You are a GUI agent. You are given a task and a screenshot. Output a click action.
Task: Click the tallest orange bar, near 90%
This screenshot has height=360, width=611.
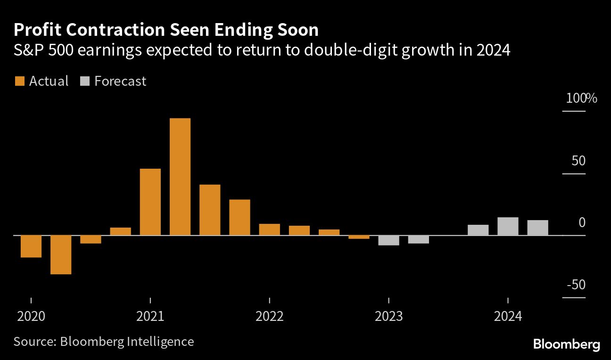click(x=180, y=176)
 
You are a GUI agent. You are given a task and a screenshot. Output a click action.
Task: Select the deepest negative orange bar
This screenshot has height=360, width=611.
click(x=61, y=254)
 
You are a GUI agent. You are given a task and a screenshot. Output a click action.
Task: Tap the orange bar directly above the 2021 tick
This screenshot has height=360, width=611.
click(x=150, y=202)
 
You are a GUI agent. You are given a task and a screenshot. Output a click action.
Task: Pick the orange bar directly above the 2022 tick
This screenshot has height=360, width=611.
click(x=270, y=229)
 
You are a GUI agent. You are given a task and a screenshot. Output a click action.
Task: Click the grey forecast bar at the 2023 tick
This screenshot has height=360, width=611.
click(x=389, y=240)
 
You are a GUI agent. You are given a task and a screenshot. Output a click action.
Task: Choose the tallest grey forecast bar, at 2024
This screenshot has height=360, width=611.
click(x=508, y=226)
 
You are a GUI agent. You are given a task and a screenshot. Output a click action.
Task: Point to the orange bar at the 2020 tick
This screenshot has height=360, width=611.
click(x=31, y=246)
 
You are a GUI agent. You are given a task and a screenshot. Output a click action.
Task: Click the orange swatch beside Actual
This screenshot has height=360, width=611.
click(x=19, y=82)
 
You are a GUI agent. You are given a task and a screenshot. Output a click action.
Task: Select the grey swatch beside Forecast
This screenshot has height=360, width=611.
click(x=84, y=82)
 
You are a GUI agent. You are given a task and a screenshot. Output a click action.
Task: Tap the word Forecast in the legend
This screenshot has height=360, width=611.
click(x=120, y=82)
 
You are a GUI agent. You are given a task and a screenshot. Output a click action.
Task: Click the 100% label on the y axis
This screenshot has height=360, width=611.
click(x=581, y=99)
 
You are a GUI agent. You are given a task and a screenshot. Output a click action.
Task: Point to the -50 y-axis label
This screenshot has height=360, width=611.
click(x=576, y=285)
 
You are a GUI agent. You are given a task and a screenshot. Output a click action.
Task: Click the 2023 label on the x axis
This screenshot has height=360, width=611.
click(x=389, y=316)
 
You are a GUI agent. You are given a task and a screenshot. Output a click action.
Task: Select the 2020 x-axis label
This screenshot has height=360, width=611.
click(x=31, y=316)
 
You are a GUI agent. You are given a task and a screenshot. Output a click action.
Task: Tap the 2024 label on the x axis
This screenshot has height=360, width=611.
click(x=508, y=316)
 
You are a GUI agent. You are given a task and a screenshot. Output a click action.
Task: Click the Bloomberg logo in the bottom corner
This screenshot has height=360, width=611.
click(x=566, y=344)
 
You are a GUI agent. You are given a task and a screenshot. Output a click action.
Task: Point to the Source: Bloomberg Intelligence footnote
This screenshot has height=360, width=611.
click(x=104, y=341)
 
